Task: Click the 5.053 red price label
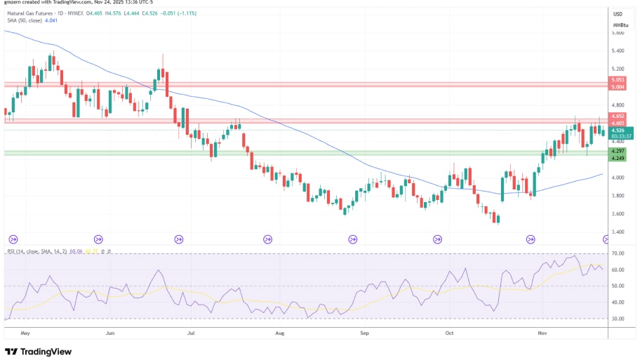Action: point(618,80)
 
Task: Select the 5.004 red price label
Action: point(618,87)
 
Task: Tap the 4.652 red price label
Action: point(618,116)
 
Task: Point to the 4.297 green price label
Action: point(618,151)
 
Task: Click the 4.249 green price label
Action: point(618,158)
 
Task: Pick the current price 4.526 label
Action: point(618,130)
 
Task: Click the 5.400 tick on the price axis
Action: point(618,51)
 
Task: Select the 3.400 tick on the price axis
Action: point(618,232)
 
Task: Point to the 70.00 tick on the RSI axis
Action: point(618,253)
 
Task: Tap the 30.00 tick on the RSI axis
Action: point(618,319)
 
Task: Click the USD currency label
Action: point(618,14)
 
